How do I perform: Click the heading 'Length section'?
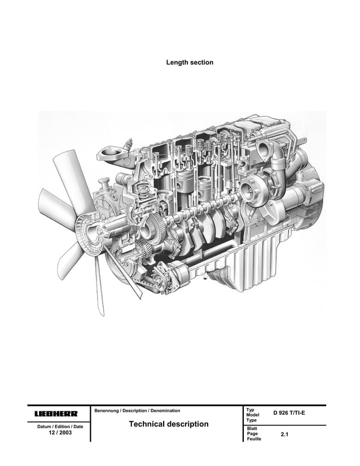[x=190, y=62]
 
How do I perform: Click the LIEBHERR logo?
[x=56, y=414]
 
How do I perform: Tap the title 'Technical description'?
[x=169, y=424]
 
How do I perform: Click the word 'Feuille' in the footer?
[x=255, y=439]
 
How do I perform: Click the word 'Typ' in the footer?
[x=251, y=410]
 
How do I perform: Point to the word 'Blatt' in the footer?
[x=252, y=429]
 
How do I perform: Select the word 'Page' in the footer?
[x=252, y=434]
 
